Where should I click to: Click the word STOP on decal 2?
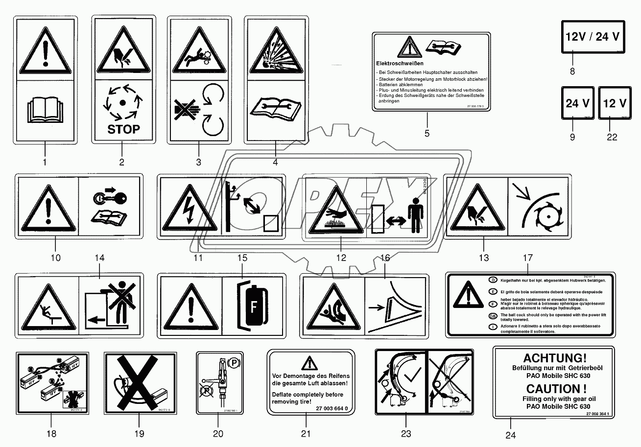tap(123, 129)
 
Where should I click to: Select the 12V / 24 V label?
tap(593, 37)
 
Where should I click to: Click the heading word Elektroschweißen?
tap(400, 63)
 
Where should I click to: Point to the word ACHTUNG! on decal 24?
tap(554, 358)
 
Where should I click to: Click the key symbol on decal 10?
tap(111, 197)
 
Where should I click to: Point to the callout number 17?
tap(527, 258)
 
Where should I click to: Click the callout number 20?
tap(218, 433)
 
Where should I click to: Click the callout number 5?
tap(427, 133)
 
